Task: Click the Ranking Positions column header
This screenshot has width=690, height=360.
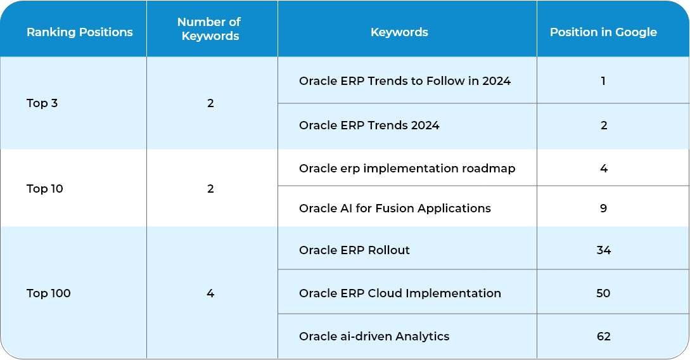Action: pos(80,32)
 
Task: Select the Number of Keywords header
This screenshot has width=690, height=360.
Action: pos(210,29)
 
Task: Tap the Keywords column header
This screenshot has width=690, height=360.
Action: pos(399,32)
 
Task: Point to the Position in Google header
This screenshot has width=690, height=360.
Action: pos(603,32)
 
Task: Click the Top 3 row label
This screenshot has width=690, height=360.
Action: pos(42,103)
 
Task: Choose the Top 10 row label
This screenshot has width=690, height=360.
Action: pos(44,188)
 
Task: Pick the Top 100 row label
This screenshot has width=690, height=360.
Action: pos(48,293)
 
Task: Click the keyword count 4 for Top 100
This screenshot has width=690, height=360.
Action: pos(210,293)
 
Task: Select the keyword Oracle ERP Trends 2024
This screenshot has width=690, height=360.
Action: pos(369,125)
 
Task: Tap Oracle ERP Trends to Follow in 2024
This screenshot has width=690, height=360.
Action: pos(405,81)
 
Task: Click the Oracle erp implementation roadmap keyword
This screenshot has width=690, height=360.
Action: pos(407,169)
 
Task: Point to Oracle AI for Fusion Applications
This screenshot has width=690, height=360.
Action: pos(395,208)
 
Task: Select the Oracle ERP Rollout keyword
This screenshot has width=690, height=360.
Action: pos(354,250)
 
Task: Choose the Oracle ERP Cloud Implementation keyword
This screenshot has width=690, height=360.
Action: pos(400,293)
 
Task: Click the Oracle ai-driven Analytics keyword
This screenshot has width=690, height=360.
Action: pos(374,337)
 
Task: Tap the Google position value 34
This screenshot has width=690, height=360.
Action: pos(603,250)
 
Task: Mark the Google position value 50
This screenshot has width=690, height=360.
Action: pos(603,293)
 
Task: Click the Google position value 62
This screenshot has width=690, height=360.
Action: pos(603,337)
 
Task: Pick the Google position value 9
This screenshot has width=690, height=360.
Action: pos(603,208)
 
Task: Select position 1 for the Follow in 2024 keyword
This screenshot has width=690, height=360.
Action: pos(603,81)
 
